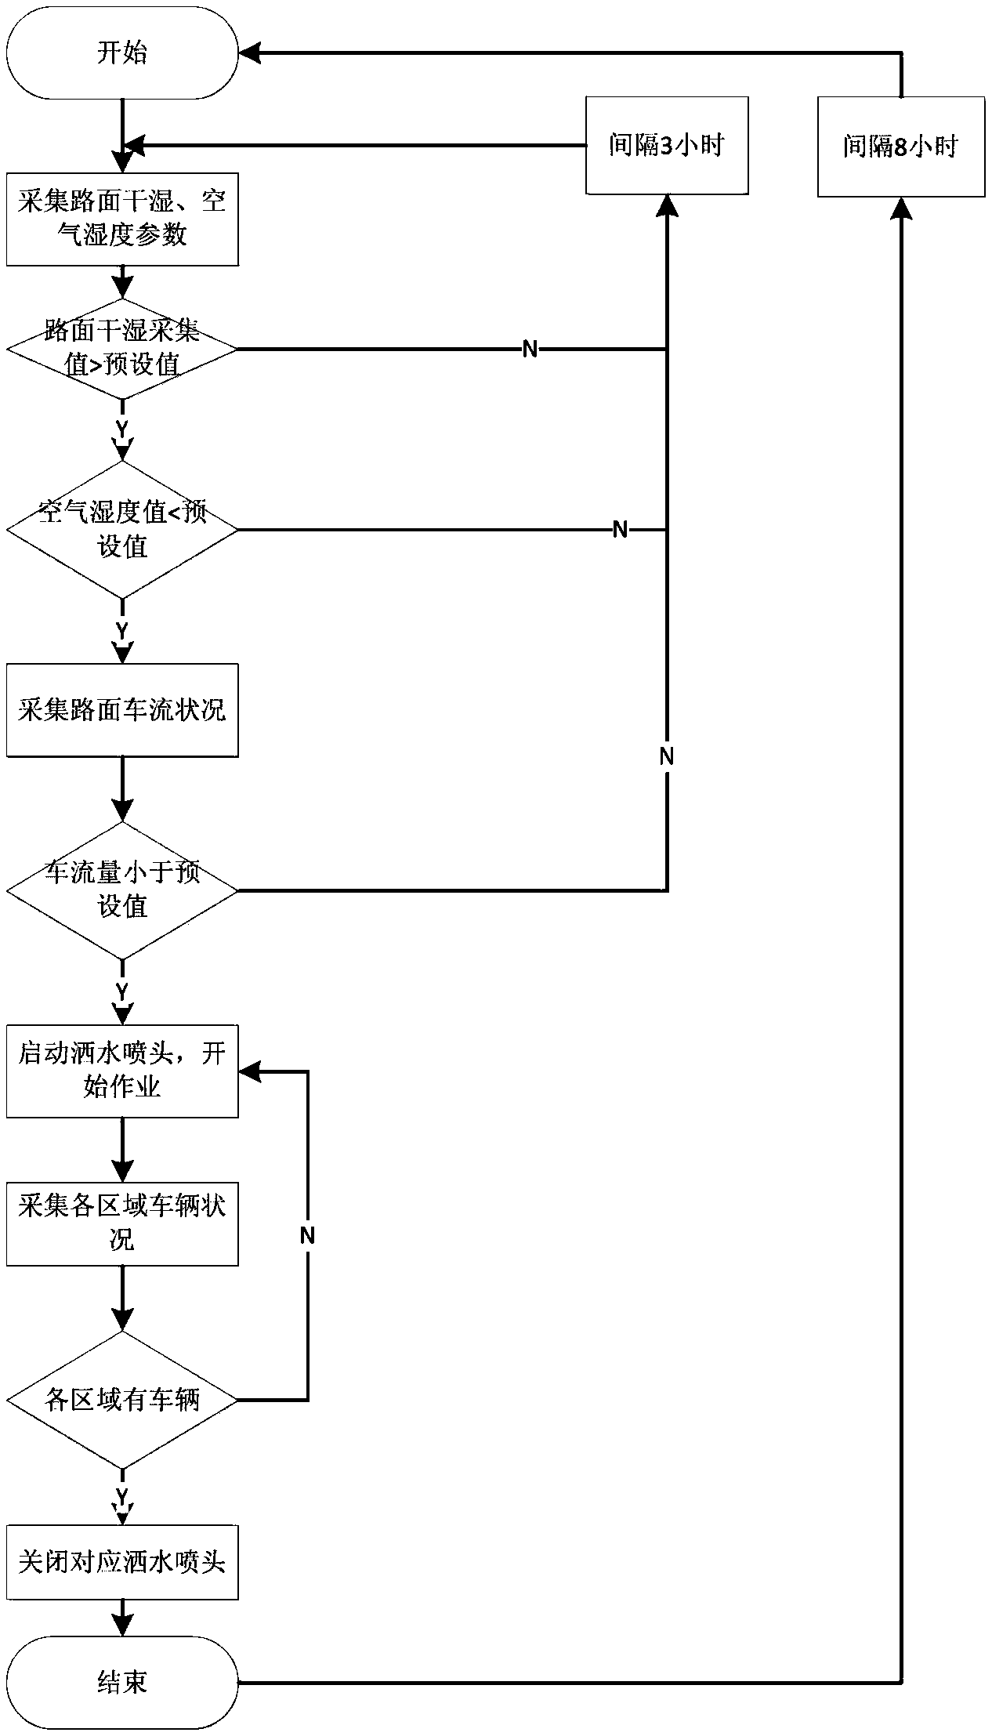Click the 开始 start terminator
coord(122,53)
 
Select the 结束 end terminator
coord(122,1682)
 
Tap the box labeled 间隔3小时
coord(667,145)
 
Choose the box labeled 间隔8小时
coord(901,147)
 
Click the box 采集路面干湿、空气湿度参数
coord(122,219)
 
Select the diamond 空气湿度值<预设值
coord(122,530)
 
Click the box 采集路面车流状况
coord(122,710)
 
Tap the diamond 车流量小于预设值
coord(122,890)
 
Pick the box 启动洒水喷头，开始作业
coord(122,1071)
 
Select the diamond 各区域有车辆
coord(122,1400)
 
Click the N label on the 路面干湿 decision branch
coord(530,349)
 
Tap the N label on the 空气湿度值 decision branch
coord(620,530)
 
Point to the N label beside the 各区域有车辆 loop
coord(307,1236)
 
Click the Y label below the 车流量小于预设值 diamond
coord(122,991)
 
